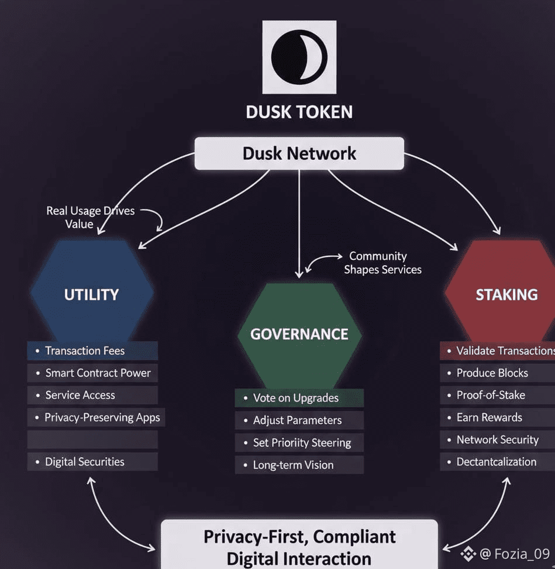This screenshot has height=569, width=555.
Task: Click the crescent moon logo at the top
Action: [299, 57]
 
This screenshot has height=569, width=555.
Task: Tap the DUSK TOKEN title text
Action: [299, 111]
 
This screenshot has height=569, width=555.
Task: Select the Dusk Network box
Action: [299, 153]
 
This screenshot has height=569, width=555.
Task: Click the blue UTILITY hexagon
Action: [92, 294]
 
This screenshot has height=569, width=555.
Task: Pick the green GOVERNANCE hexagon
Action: [299, 334]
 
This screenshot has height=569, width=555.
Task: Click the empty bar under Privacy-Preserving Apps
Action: [92, 439]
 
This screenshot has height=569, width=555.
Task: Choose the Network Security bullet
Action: [497, 440]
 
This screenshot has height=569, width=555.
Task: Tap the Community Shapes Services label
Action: [382, 263]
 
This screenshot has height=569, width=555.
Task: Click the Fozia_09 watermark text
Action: [515, 553]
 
